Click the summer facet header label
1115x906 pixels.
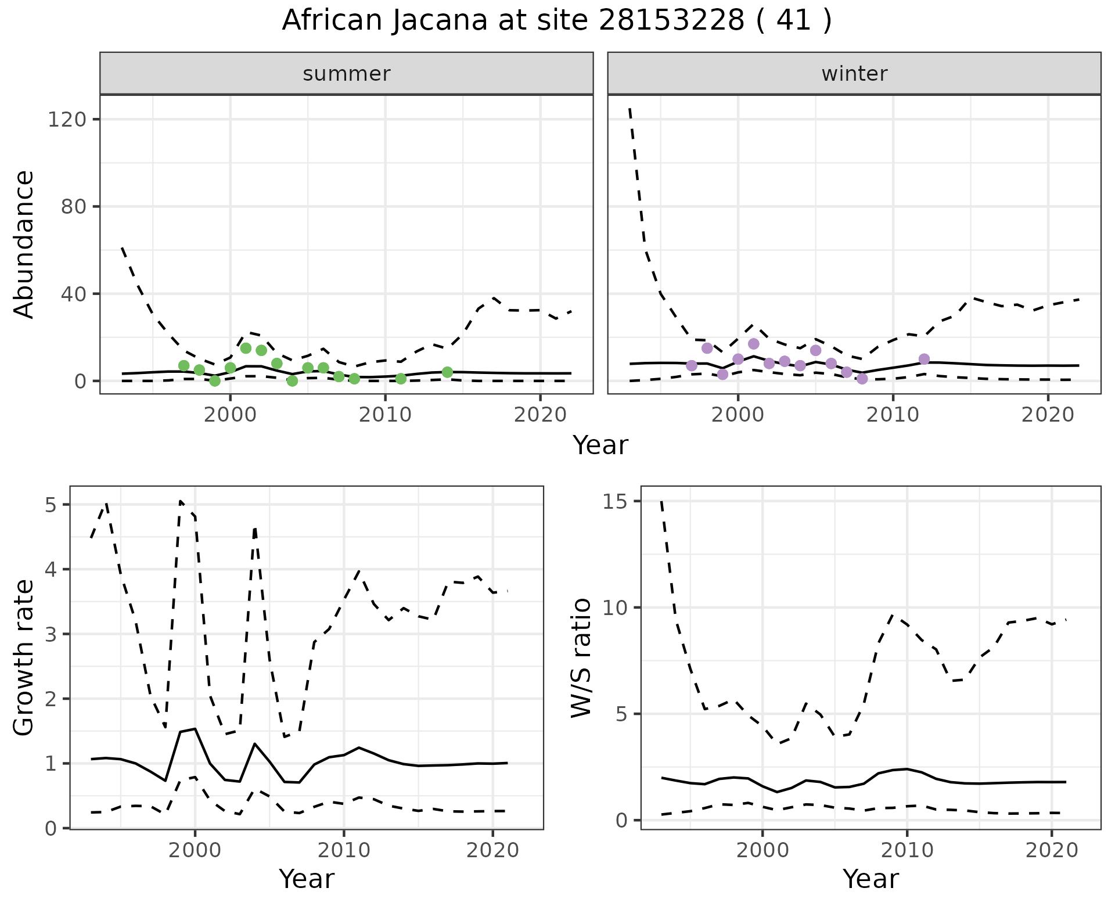click(346, 74)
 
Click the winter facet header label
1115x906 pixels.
click(854, 74)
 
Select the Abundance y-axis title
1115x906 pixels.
click(24, 244)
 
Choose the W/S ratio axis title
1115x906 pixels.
click(581, 657)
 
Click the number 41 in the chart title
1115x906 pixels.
click(793, 21)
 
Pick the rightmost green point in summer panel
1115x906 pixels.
click(447, 372)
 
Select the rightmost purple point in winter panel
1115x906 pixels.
click(924, 359)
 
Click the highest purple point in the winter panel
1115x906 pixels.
click(753, 344)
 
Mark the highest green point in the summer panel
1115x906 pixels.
click(246, 348)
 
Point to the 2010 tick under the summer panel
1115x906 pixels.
click(385, 415)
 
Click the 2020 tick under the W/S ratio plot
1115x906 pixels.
click(1052, 851)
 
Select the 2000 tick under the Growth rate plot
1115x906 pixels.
click(195, 851)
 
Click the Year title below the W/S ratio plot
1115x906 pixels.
click(870, 879)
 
